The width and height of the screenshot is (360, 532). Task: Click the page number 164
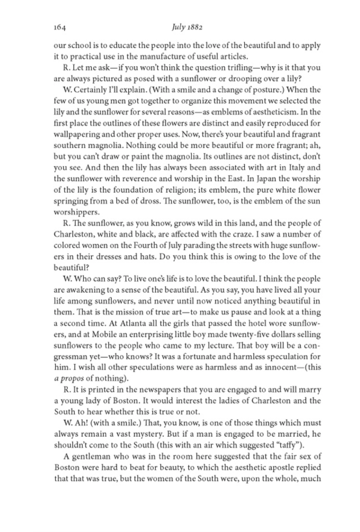[60, 28]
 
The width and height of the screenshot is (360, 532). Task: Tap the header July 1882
[187, 27]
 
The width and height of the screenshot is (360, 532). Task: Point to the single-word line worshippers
[77, 212]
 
